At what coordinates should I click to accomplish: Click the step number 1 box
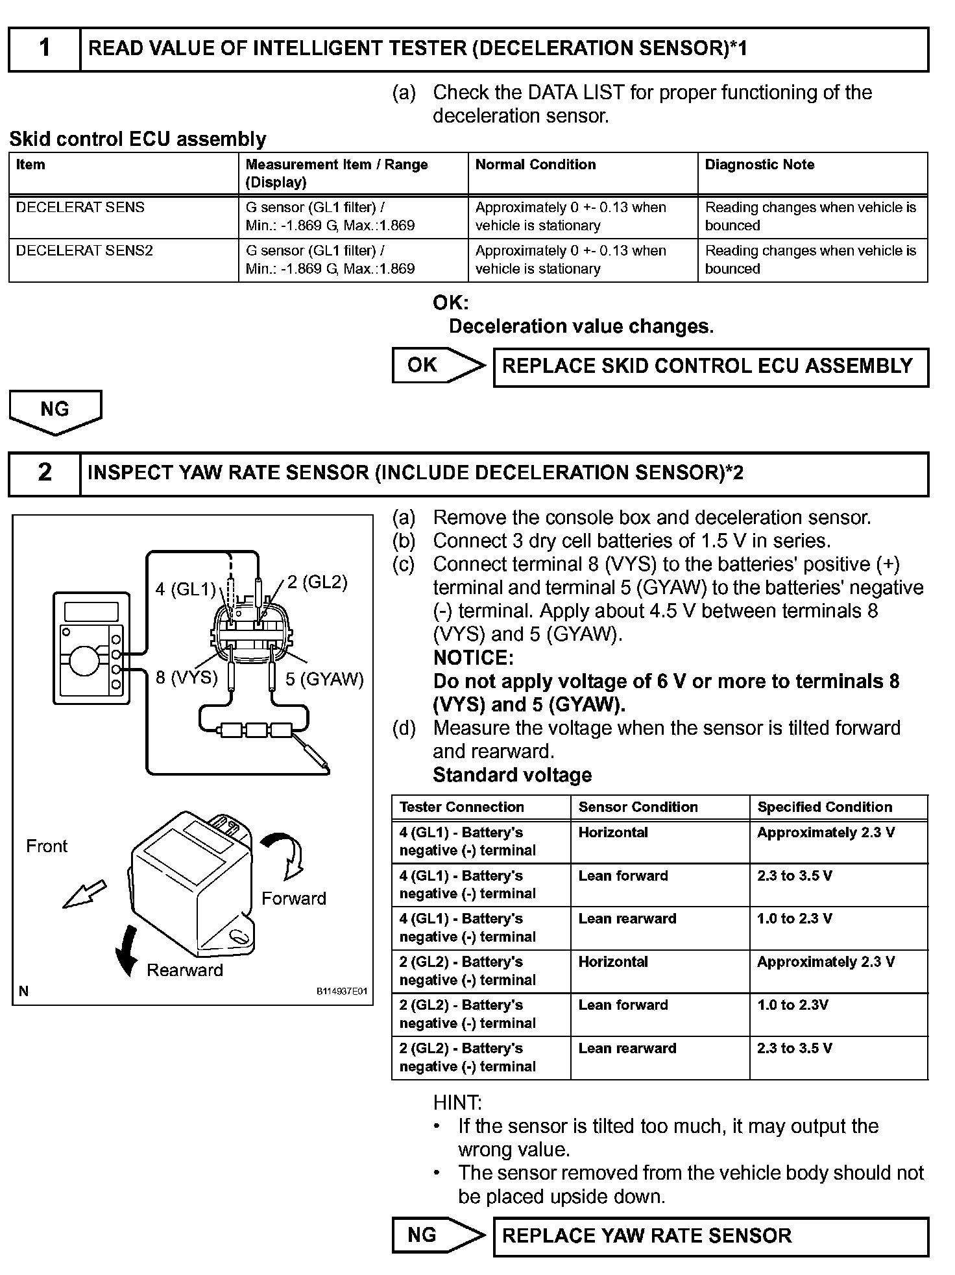pyautogui.click(x=44, y=49)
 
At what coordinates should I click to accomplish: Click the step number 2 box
pyautogui.click(x=44, y=473)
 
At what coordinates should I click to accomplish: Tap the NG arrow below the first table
pyautogui.click(x=55, y=411)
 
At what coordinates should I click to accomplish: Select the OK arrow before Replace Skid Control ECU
pyautogui.click(x=438, y=365)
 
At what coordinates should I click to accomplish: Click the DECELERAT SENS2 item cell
pyautogui.click(x=84, y=251)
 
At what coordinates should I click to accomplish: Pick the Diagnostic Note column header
pyautogui.click(x=760, y=165)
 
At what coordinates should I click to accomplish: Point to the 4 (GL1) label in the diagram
pyautogui.click(x=185, y=589)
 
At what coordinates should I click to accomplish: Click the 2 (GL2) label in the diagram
pyautogui.click(x=317, y=582)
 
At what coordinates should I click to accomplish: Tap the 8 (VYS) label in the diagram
pyautogui.click(x=186, y=678)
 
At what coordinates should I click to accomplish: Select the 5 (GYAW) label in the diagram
pyautogui.click(x=324, y=679)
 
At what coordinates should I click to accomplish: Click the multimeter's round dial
pyautogui.click(x=84, y=661)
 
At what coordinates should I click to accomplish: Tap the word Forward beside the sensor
pyautogui.click(x=293, y=898)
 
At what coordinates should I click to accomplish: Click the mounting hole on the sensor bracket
pyautogui.click(x=237, y=936)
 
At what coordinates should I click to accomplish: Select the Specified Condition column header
pyautogui.click(x=825, y=807)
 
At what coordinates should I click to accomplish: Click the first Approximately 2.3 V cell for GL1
pyautogui.click(x=825, y=833)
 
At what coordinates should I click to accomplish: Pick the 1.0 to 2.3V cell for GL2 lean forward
pyautogui.click(x=792, y=1005)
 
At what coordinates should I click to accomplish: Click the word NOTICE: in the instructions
pyautogui.click(x=473, y=658)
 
